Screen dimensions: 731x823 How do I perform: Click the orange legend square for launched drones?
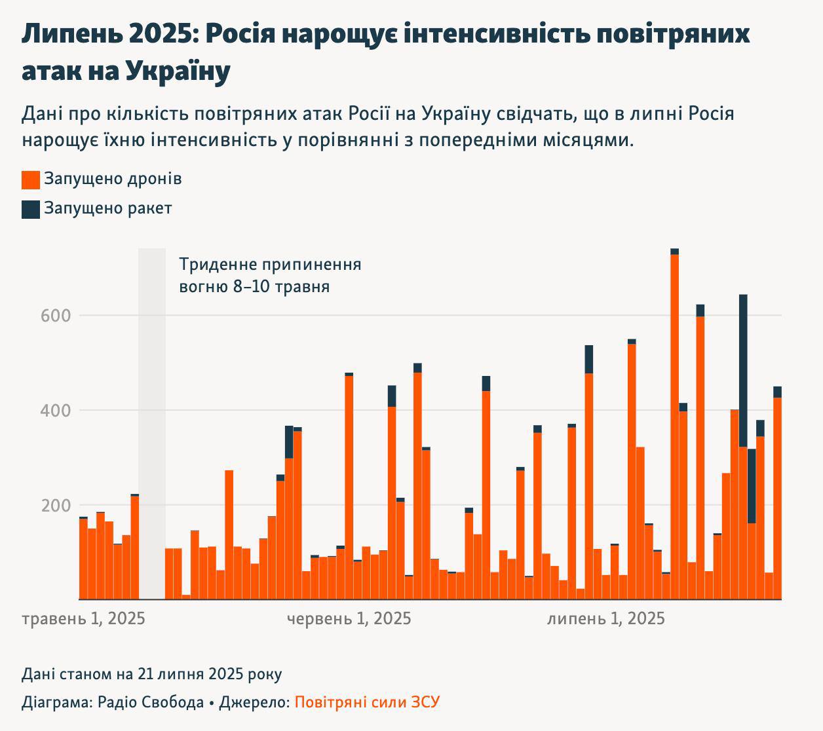[x=31, y=179]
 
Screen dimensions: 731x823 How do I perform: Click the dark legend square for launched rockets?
[x=31, y=209]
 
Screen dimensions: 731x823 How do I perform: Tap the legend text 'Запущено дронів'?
[x=113, y=179]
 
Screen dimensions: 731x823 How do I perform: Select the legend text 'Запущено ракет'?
[x=107, y=208]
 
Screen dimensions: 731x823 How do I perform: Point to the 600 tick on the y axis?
[x=56, y=316]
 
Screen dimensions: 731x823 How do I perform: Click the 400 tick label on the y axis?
[x=56, y=411]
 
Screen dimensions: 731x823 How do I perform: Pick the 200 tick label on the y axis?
[x=56, y=506]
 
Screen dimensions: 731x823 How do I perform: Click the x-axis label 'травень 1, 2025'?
[x=83, y=619]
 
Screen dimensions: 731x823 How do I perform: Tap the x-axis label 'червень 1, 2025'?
[x=349, y=619]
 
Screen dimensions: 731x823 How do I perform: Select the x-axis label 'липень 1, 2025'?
[x=605, y=619]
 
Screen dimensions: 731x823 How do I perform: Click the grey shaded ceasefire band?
[x=152, y=426]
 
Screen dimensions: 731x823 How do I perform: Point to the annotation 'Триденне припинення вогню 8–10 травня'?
[x=270, y=276]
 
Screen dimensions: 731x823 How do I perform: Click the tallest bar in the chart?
[x=674, y=426]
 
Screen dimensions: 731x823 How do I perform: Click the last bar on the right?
[x=777, y=498]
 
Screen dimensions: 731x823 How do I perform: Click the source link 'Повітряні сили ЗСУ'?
[x=367, y=703]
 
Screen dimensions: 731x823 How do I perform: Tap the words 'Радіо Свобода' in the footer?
[x=150, y=703]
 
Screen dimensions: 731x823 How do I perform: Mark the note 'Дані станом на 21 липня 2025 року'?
[x=152, y=674]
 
